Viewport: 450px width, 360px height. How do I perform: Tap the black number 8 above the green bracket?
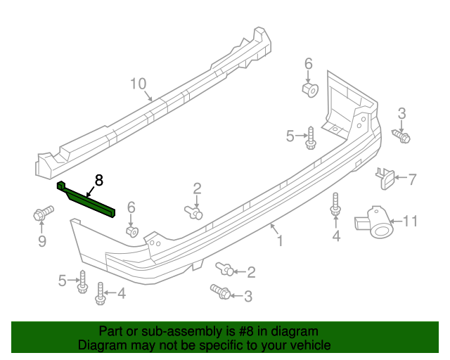click(x=98, y=180)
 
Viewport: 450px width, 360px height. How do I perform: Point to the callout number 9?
click(x=41, y=242)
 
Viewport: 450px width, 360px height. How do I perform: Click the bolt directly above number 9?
click(x=42, y=212)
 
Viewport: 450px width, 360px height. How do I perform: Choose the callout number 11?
click(x=410, y=221)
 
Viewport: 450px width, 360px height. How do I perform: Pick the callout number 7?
click(x=413, y=179)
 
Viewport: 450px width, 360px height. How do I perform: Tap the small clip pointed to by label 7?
click(x=386, y=178)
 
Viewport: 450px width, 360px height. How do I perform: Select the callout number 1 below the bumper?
click(x=280, y=241)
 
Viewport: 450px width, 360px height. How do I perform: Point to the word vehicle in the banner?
click(x=307, y=345)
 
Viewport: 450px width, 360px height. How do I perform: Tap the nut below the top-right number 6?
click(x=309, y=89)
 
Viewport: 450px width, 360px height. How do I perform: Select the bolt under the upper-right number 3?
click(x=401, y=136)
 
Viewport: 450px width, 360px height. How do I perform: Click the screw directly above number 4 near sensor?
click(x=335, y=205)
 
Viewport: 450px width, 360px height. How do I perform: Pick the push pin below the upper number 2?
click(x=194, y=210)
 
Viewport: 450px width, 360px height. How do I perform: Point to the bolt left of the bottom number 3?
click(x=219, y=290)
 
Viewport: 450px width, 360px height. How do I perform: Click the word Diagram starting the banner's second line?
click(x=103, y=345)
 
